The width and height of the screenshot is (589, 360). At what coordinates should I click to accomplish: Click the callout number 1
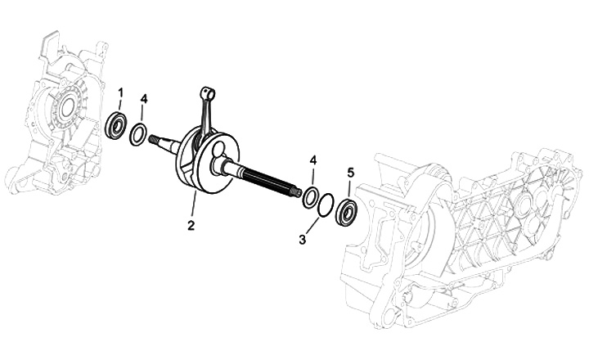[x=120, y=92]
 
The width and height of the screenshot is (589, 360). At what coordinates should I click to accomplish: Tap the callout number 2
[x=191, y=226]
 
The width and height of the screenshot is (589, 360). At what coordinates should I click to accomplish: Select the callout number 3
[x=303, y=240]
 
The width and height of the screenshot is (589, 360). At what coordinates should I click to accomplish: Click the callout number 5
[x=350, y=173]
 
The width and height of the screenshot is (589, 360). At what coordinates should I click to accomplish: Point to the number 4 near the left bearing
[x=144, y=99]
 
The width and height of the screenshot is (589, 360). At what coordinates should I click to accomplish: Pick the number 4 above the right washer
[x=312, y=160]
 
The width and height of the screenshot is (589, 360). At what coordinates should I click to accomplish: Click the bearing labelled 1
[x=116, y=126]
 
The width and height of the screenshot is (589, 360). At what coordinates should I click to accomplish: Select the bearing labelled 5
[x=344, y=213]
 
